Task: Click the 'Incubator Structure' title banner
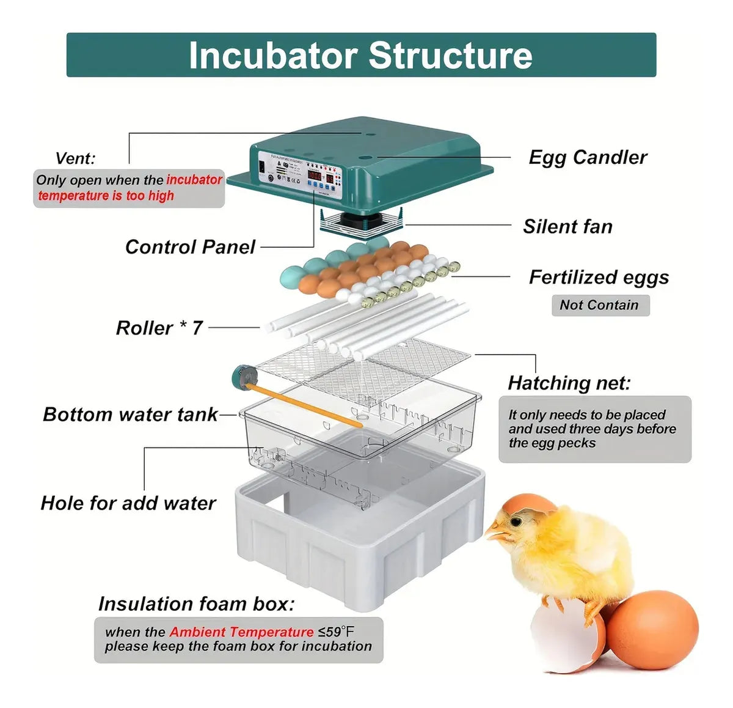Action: [x=360, y=55]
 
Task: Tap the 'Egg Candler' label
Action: [x=587, y=158]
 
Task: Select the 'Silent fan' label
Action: [x=567, y=227]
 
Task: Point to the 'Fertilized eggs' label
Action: [x=599, y=278]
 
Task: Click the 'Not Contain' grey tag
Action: [x=599, y=305]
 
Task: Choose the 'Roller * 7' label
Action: [x=159, y=328]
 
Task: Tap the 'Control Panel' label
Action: [x=190, y=247]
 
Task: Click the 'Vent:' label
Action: [x=75, y=159]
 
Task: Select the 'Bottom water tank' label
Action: [x=130, y=415]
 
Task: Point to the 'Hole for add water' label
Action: [x=128, y=503]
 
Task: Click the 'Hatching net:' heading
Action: [x=569, y=383]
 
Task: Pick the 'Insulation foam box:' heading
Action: [x=196, y=604]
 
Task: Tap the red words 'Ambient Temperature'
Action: [x=241, y=632]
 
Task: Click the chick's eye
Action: [x=517, y=522]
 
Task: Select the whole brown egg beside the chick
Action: [x=652, y=630]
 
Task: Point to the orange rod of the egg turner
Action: [x=305, y=404]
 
